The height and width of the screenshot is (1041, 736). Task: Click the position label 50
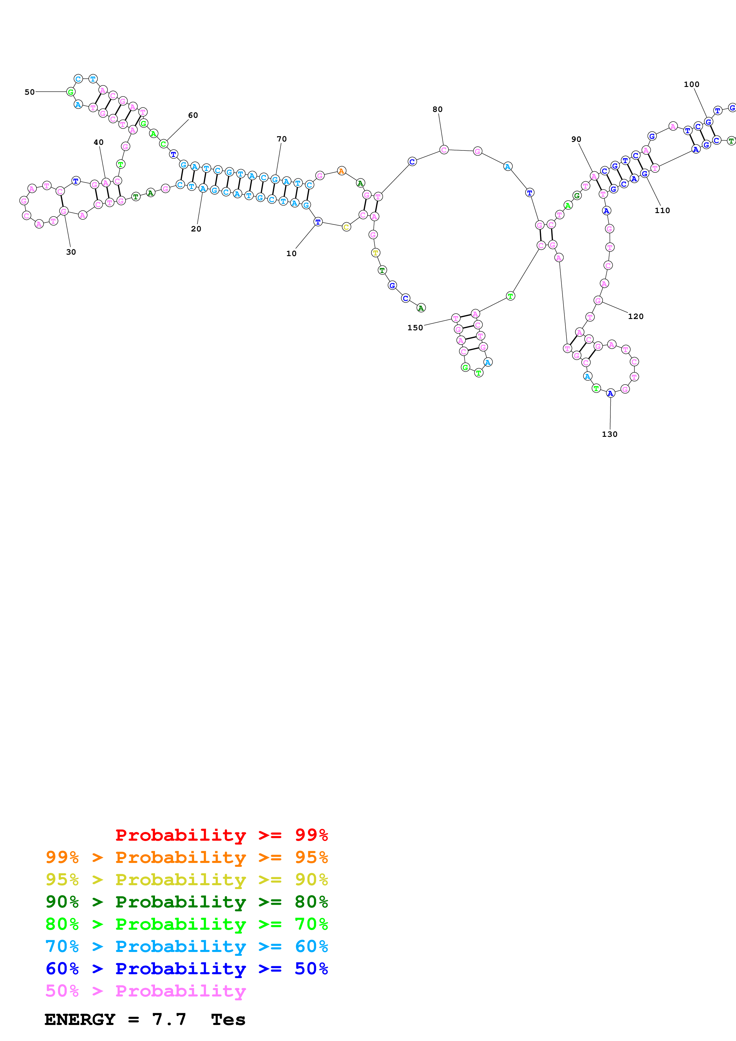tap(29, 92)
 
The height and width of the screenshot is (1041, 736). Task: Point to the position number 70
tap(282, 139)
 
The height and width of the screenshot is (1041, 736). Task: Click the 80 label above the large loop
tap(437, 109)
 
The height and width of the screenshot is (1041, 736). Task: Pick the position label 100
tap(691, 84)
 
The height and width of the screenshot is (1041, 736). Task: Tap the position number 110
tap(662, 210)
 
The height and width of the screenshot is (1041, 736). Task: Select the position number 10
tap(291, 253)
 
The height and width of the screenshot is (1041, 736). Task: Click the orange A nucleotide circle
tap(341, 171)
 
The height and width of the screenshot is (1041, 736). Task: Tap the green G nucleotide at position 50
tap(71, 92)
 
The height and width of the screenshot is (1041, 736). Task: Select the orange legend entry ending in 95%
tap(186, 857)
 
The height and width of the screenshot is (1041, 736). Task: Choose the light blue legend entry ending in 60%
tap(186, 946)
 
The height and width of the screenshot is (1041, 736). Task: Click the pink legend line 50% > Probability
tap(145, 991)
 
